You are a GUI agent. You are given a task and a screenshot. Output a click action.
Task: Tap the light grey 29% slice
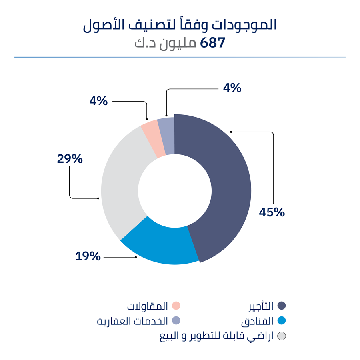coord(120,180)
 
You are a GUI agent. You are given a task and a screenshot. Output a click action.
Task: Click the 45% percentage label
coord(272,212)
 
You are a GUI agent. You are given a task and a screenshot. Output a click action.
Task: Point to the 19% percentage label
coord(88,256)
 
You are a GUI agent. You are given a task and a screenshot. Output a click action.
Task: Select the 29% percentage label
coord(70,159)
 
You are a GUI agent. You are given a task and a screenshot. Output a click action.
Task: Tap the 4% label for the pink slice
coord(98,101)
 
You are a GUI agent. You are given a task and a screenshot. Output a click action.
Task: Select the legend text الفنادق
coord(258,321)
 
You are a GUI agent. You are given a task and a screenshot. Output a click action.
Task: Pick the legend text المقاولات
coord(147,306)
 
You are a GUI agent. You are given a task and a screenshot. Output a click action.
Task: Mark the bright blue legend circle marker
coord(282,321)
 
